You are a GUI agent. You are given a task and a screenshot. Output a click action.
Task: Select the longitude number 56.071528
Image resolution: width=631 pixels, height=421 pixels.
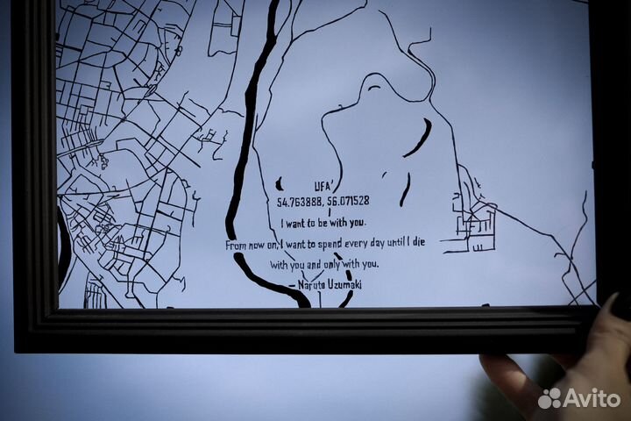(348, 202)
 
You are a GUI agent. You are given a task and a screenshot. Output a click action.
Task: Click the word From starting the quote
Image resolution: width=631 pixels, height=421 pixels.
(237, 244)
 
